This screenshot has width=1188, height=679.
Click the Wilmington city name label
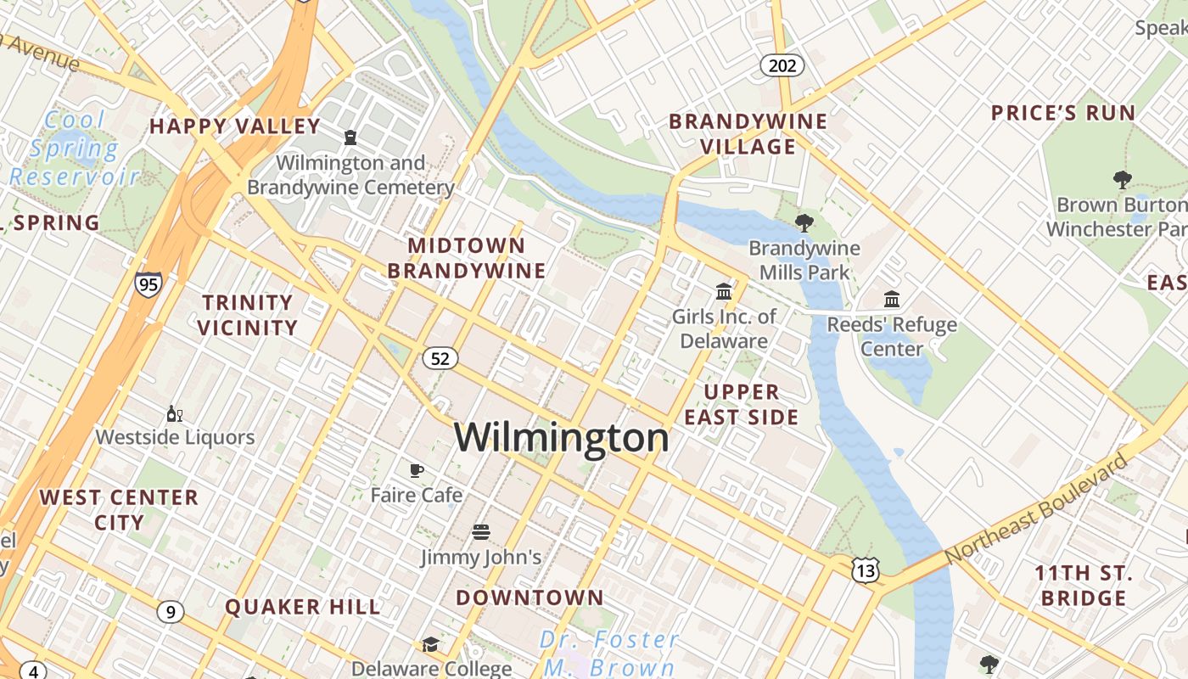(x=562, y=438)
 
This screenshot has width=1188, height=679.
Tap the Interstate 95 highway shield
(x=148, y=283)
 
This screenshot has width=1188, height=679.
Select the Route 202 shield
(x=782, y=65)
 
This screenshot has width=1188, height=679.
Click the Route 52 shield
(x=440, y=358)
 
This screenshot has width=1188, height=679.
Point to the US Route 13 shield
(x=866, y=570)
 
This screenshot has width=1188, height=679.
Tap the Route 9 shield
(x=171, y=611)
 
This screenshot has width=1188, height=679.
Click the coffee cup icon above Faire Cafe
(x=417, y=470)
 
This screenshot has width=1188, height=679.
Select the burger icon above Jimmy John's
(x=481, y=532)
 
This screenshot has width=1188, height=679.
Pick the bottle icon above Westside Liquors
(x=175, y=414)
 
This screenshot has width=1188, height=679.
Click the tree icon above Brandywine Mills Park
(x=804, y=223)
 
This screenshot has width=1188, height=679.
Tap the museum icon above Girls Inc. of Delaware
(x=724, y=292)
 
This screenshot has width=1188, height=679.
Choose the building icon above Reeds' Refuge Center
(x=892, y=299)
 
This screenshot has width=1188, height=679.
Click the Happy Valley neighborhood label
(x=235, y=126)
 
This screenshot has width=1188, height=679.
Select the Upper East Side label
(x=742, y=404)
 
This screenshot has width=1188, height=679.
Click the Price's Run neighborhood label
(x=1062, y=113)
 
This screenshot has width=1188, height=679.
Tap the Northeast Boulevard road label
(x=1037, y=508)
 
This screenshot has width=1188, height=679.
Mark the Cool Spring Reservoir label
(x=75, y=149)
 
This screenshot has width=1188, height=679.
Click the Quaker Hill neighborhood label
(x=303, y=607)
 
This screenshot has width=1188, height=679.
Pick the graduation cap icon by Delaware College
(x=431, y=645)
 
